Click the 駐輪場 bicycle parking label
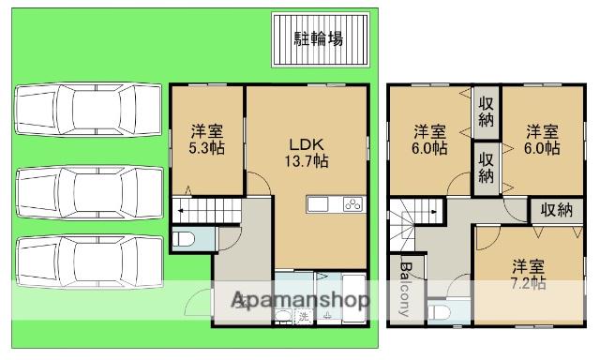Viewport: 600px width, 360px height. (318, 38)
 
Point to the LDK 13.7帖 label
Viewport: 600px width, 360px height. (307, 152)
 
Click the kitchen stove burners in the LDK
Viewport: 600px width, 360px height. (353, 205)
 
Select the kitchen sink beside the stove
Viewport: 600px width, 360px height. (318, 205)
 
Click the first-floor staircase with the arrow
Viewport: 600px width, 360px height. (205, 212)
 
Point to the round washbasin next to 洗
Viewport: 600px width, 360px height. (283, 316)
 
